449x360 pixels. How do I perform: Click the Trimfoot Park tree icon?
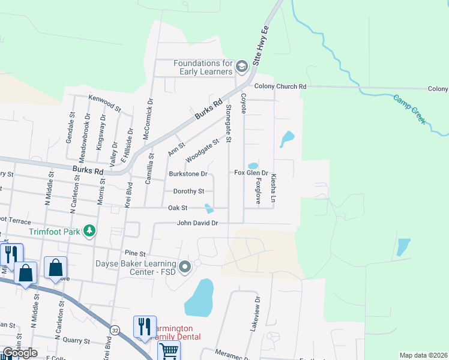89,231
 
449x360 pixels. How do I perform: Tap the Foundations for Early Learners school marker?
242,67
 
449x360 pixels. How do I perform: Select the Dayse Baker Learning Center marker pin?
185,266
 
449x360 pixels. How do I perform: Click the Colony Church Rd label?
280,86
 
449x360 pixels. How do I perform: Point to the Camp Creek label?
410,109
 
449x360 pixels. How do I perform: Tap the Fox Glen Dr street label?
251,173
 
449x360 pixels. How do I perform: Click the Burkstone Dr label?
188,174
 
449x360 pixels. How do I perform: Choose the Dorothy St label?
188,191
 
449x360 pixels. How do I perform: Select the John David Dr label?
197,223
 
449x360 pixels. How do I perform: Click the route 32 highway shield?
115,330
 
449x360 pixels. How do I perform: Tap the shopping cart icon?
169,351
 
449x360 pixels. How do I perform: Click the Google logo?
19,353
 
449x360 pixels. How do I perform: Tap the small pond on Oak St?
209,209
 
